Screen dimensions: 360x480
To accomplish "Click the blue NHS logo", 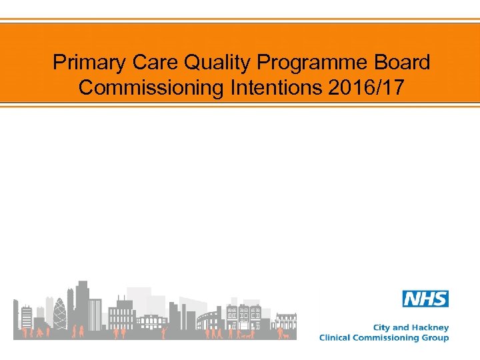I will pyautogui.click(x=425, y=299).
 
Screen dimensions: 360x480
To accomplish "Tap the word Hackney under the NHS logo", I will pyautogui.click(x=429, y=328).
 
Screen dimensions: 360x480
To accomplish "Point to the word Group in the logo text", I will pyautogui.click(x=435, y=338).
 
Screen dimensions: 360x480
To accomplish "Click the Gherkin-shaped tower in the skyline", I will pyautogui.click(x=60, y=313).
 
